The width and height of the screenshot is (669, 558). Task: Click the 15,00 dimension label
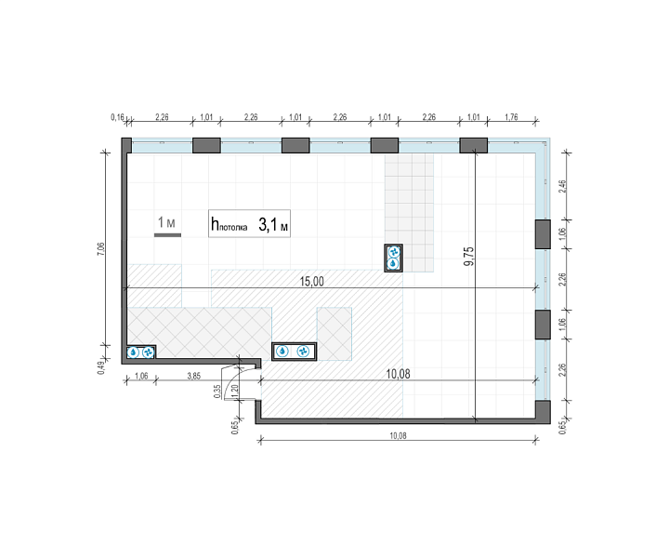[312, 282]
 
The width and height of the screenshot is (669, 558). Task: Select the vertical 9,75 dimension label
[469, 256]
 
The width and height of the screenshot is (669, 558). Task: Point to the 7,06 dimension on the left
[100, 248]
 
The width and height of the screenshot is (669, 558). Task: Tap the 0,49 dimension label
[100, 367]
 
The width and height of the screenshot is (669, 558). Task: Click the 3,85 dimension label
[193, 376]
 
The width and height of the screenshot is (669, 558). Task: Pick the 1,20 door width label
[234, 392]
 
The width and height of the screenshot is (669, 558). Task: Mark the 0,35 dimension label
[217, 392]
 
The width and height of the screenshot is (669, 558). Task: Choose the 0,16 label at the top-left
[117, 117]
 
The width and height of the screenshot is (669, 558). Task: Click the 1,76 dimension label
[511, 117]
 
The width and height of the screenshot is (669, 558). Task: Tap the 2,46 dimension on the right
[562, 187]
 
